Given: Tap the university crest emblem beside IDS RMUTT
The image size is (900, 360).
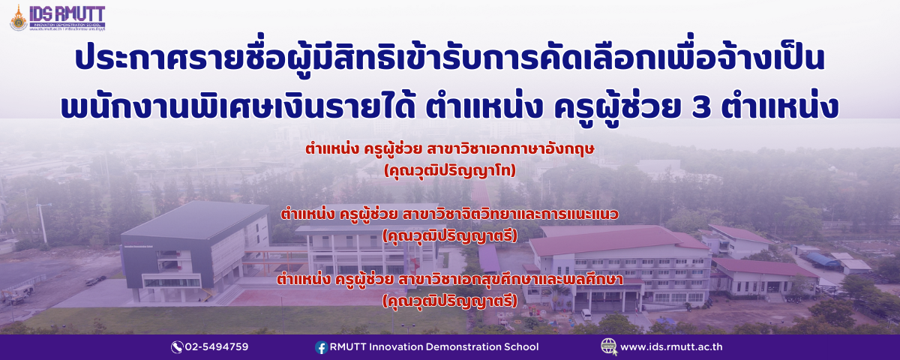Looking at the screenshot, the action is click(19, 18).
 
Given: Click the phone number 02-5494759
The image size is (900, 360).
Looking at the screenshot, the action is click(217, 346).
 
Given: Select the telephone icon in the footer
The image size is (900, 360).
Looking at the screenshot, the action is click(177, 347).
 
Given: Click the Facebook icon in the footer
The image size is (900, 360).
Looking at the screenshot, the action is click(321, 347).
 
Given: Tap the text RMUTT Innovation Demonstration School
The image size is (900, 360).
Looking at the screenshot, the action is click(434, 346).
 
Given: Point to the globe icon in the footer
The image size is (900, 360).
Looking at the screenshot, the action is click(609, 346).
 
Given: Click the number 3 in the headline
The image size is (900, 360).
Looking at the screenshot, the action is click(701, 106).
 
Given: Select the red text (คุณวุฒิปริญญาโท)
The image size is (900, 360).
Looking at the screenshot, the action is click(449, 171).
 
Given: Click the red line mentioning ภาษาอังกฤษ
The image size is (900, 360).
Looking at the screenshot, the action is click(449, 148).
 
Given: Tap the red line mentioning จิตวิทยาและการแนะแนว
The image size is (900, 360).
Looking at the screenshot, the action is click(449, 214).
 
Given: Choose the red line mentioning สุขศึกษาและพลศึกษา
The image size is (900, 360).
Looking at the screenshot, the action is click(449, 279).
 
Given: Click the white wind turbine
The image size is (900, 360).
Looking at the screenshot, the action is click(42, 220).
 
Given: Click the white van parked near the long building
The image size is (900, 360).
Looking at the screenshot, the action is click(586, 314).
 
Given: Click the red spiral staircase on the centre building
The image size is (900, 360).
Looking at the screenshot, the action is click(414, 266).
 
